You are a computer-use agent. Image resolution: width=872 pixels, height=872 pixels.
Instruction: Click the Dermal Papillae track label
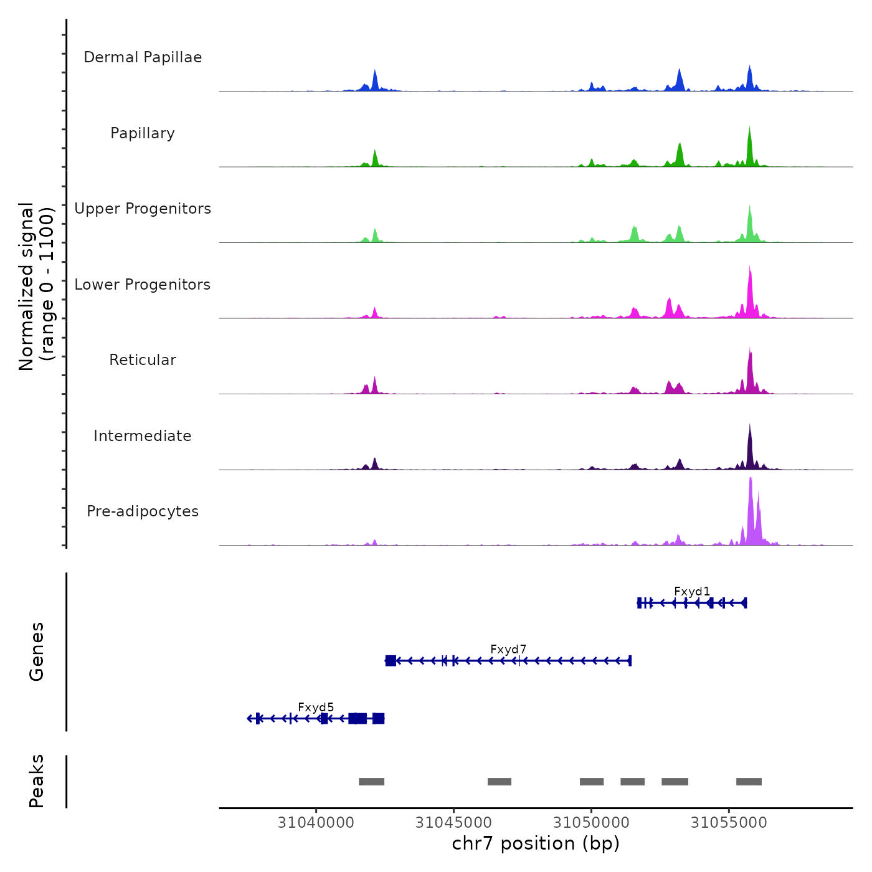tap(143, 57)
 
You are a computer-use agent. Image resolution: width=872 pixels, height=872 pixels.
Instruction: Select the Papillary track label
tap(143, 133)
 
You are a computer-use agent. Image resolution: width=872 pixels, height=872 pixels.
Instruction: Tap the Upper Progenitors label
tap(143, 209)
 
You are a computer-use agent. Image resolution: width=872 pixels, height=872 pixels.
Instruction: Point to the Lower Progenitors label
tap(143, 285)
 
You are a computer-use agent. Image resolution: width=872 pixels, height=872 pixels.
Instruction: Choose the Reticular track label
tap(143, 360)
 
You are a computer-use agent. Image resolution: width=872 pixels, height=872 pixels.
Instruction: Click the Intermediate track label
tap(143, 436)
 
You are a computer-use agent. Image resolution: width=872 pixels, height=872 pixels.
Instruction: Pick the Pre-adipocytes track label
tap(143, 511)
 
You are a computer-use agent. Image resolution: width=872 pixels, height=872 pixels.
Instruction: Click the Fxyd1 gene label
tap(692, 591)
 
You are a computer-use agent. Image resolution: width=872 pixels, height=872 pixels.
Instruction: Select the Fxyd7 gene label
tap(508, 649)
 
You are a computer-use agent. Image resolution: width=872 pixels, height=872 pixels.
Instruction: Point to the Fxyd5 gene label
tap(316, 707)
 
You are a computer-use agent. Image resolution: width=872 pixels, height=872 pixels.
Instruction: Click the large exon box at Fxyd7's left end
tap(391, 660)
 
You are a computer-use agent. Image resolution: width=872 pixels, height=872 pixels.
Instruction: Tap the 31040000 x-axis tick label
tap(316, 822)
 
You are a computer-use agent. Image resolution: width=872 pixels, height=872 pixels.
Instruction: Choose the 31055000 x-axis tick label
tap(729, 822)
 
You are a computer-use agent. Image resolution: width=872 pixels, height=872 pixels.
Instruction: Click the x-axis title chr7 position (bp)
tap(536, 843)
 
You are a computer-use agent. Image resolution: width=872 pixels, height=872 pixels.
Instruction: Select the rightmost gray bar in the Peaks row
tap(749, 782)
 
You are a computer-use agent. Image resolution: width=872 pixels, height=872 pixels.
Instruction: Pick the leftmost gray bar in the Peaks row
tap(371, 782)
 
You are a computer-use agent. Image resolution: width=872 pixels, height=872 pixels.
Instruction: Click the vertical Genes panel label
tap(37, 652)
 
